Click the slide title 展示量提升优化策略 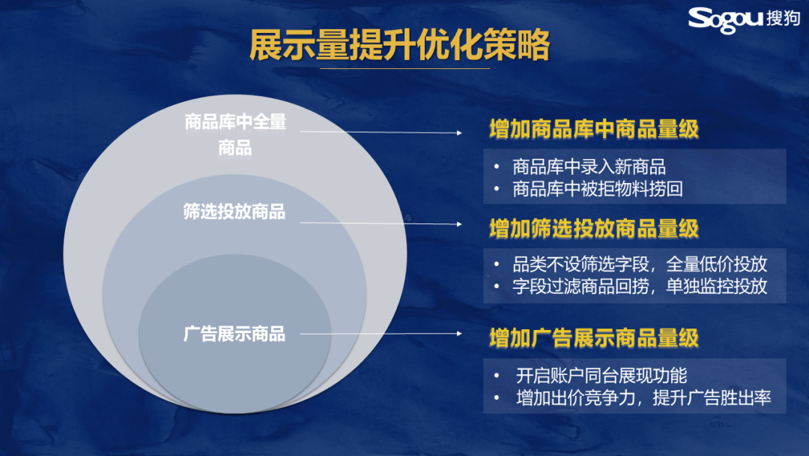(399, 45)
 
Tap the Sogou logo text (725, 20)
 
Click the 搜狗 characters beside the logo (783, 18)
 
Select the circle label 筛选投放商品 (234, 211)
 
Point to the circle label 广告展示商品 (234, 334)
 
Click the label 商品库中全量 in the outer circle (235, 122)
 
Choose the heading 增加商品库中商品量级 (594, 129)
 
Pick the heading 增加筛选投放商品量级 (594, 229)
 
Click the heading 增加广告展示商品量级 (594, 338)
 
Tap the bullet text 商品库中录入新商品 (589, 166)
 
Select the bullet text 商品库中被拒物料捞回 (598, 189)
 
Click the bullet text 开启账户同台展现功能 (601, 376)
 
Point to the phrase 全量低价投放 (717, 265)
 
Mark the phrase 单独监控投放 (717, 286)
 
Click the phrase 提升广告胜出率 (712, 397)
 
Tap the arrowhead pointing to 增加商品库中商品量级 (459, 133)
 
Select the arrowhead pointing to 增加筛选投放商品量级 (459, 224)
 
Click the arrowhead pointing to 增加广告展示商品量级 (459, 334)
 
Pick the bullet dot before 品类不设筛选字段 (497, 265)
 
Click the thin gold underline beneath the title (404, 68)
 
